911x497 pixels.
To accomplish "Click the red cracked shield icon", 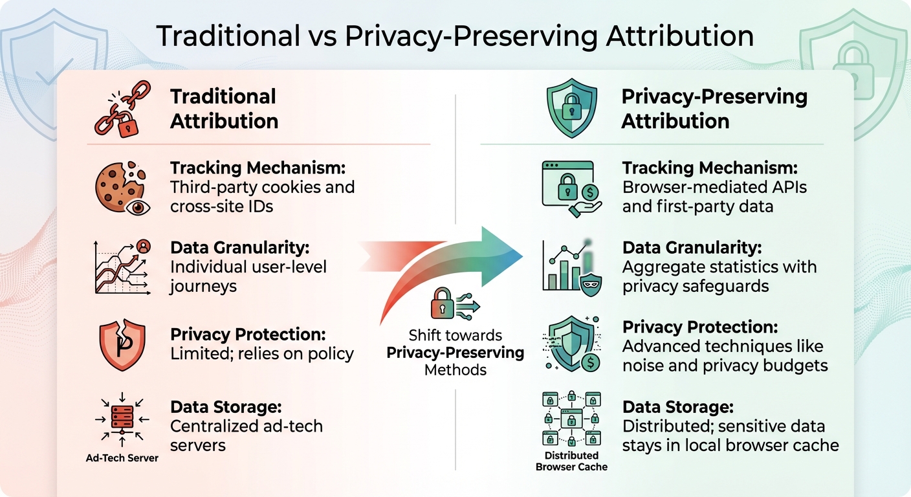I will click(121, 344).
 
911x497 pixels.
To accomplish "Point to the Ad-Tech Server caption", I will click(122, 458).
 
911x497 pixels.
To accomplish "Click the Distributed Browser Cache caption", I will click(571, 461).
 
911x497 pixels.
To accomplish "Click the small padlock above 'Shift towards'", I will click(443, 303).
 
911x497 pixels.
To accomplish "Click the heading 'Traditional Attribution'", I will click(224, 109).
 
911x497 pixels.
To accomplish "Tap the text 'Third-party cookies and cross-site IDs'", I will click(262, 197).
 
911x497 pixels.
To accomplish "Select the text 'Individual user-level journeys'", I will click(248, 276).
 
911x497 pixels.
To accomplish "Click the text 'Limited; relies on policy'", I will click(262, 354).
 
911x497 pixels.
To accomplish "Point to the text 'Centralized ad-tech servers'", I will click(247, 436).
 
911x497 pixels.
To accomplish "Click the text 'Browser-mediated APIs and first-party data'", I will click(714, 197).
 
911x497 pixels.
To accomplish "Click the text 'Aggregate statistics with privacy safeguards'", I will click(719, 276).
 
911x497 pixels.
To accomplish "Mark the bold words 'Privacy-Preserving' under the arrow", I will click(455, 353).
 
